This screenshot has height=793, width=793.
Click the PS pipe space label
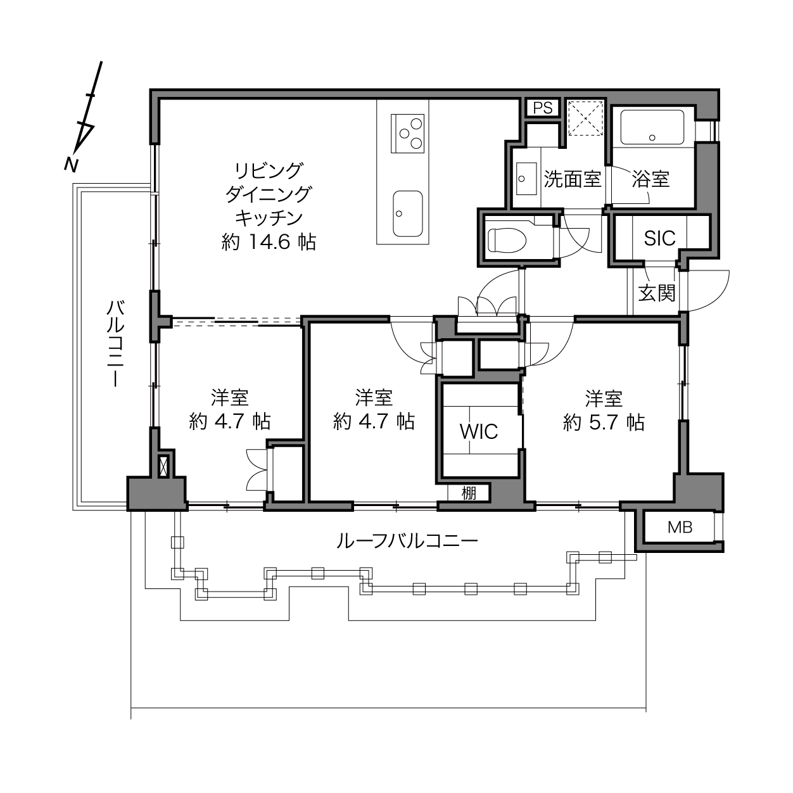[x=542, y=108]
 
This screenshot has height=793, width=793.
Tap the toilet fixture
[x=507, y=240]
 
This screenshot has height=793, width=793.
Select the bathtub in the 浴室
[x=652, y=127]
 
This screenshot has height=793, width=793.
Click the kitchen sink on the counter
[x=407, y=213]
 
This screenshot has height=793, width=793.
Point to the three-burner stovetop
[x=407, y=134]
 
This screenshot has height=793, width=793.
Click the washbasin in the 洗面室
[x=526, y=178]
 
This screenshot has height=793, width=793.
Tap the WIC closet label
[x=479, y=432]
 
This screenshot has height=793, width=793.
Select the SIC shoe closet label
[x=659, y=238]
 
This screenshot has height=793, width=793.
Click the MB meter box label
[x=680, y=527]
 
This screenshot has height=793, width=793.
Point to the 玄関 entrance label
[x=656, y=293]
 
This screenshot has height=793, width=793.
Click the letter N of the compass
[x=71, y=165]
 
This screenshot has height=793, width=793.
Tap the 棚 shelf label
[x=469, y=493]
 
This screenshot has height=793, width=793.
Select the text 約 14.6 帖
[x=269, y=242]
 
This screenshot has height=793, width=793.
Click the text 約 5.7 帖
[x=604, y=422]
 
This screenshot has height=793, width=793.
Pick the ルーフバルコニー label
[x=407, y=541]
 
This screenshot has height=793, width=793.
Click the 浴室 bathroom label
[x=650, y=179]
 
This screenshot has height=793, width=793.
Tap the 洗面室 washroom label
[x=573, y=179]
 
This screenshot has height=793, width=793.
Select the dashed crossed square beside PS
[x=585, y=118]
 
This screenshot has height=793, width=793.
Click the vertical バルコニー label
[x=116, y=344]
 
